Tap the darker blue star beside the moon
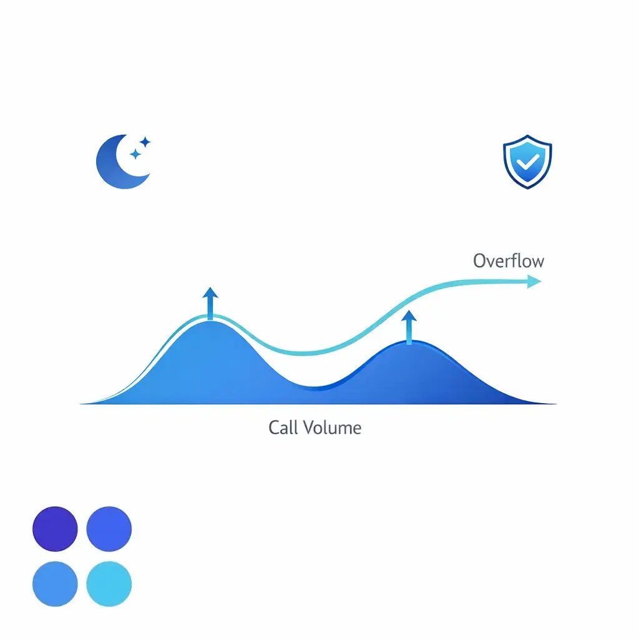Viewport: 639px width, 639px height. tap(134, 154)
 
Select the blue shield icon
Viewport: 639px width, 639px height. tap(527, 162)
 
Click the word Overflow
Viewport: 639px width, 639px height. tap(508, 260)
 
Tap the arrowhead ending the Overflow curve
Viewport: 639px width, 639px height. tap(534, 282)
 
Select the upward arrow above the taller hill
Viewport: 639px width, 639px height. tap(210, 303)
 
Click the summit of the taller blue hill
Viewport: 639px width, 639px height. tap(210, 324)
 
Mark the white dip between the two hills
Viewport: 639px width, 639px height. tap(312, 371)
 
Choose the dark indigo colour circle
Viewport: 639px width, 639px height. tap(55, 529)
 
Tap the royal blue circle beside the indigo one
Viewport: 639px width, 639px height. tap(109, 529)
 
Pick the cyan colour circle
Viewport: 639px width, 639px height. tap(109, 583)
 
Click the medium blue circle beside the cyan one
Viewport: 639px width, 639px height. tap(55, 583)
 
